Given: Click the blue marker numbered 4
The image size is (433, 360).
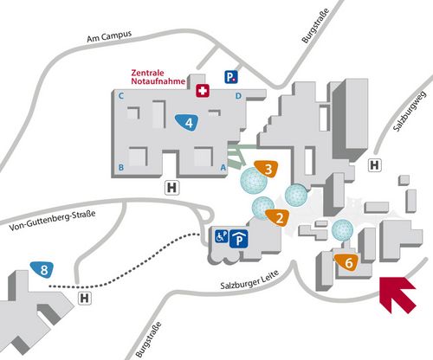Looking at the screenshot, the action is pyautogui.click(x=187, y=123).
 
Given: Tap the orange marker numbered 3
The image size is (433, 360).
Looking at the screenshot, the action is pyautogui.click(x=267, y=169).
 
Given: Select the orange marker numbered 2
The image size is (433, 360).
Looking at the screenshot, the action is pyautogui.click(x=278, y=217).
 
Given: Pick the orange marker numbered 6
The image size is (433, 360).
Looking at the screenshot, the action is pyautogui.click(x=347, y=262).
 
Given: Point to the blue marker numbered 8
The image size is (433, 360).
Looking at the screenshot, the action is pyautogui.click(x=42, y=270).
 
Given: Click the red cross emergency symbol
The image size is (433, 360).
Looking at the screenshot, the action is pyautogui.click(x=203, y=91).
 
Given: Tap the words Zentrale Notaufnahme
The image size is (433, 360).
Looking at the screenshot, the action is pyautogui.click(x=158, y=77).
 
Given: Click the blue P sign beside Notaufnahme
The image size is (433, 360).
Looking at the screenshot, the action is pyautogui.click(x=231, y=77).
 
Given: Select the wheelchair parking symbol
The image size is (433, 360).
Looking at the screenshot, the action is pyautogui.click(x=222, y=236).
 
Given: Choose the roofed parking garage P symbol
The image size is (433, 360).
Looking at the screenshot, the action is pyautogui.click(x=239, y=239).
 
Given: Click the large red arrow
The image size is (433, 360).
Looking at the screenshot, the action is pyautogui.click(x=397, y=295).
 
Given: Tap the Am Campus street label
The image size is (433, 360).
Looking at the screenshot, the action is pyautogui.click(x=109, y=36).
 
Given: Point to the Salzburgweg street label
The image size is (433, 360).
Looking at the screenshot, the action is pyautogui.click(x=410, y=112).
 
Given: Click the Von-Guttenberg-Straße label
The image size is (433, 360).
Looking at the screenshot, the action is pyautogui.click(x=52, y=221).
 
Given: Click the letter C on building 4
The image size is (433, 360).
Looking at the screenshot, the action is pyautogui.click(x=121, y=96).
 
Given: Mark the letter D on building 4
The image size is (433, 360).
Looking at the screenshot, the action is pyautogui.click(x=238, y=96).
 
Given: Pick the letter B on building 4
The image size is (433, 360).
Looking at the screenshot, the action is pyautogui.click(x=121, y=167).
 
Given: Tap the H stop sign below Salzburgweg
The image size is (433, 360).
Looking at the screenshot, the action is pyautogui.click(x=374, y=165).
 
